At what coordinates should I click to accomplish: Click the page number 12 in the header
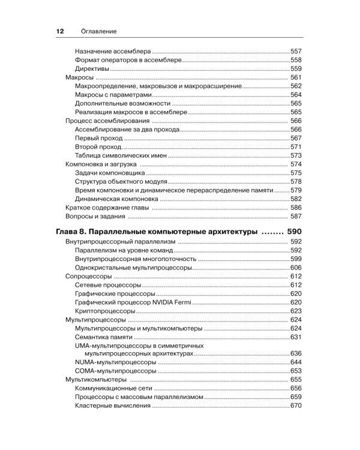click(x=43, y=31)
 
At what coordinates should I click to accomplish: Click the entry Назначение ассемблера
click(x=113, y=52)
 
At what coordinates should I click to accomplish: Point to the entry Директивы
click(x=92, y=69)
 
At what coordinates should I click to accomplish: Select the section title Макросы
click(x=78, y=78)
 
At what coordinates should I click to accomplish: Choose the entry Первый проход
click(x=99, y=138)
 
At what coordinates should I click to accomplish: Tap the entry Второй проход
click(x=98, y=146)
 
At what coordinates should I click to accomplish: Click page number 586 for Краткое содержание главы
click(x=295, y=207)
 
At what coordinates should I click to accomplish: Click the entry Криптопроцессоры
click(x=104, y=311)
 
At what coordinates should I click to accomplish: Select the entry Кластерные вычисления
click(x=113, y=406)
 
